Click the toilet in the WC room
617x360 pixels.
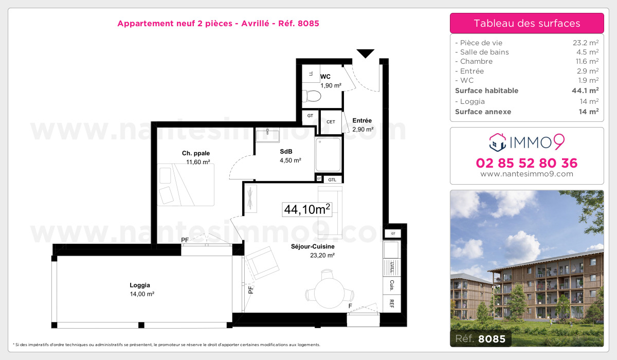(312, 96)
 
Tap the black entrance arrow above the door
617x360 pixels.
(365, 53)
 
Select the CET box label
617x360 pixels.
(331, 122)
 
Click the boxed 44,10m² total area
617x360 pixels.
(306, 209)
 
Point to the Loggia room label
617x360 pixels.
(140, 285)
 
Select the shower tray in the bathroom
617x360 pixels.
(328, 154)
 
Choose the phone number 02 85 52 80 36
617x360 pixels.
(527, 164)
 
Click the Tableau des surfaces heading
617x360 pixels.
(527, 23)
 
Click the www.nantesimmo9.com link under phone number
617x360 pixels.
(527, 174)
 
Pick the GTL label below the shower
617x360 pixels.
(332, 179)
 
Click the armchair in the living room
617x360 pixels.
(263, 262)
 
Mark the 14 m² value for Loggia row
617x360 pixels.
(589, 101)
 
